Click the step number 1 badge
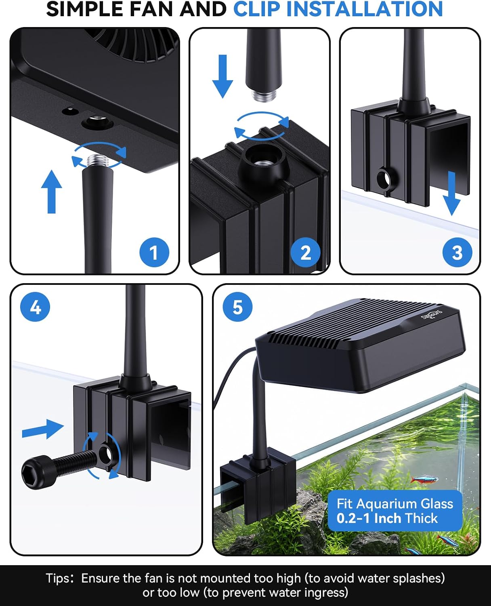point(154,253)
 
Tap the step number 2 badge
point(305,253)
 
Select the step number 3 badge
point(457,253)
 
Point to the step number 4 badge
point(35,307)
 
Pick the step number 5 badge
point(238,307)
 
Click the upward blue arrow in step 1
point(51,191)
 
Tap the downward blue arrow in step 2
point(222,76)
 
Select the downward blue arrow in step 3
point(451,194)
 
